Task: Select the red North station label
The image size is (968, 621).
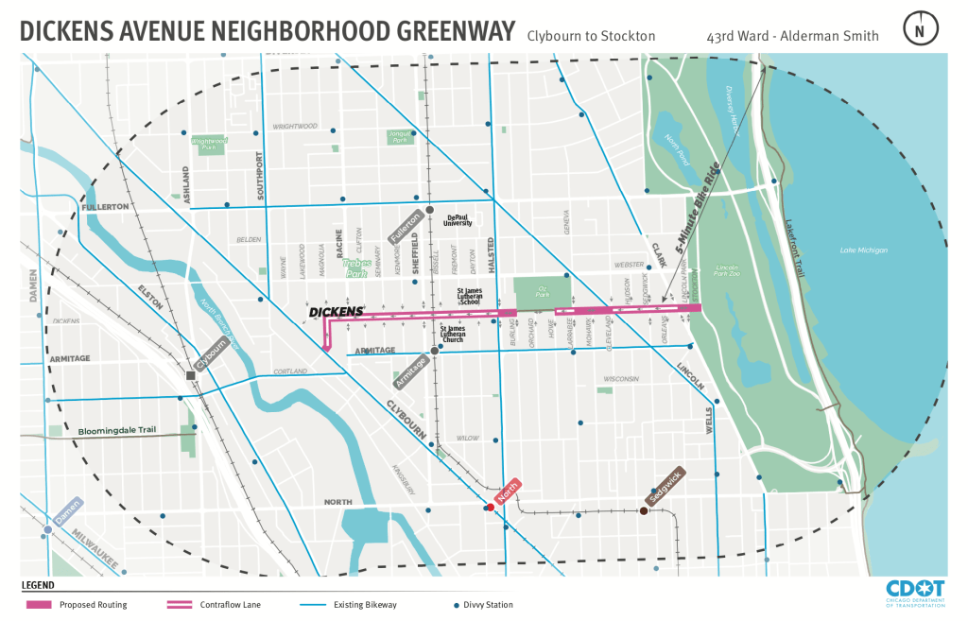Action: [x=509, y=491]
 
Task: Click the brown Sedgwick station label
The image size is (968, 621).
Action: [x=665, y=487]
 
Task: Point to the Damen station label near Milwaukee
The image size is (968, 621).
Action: [x=69, y=511]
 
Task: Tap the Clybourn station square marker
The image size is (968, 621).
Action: [x=191, y=375]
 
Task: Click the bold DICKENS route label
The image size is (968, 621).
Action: [x=337, y=311]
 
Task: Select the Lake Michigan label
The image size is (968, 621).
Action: [x=863, y=250]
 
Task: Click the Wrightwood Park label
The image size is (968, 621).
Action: [x=210, y=144]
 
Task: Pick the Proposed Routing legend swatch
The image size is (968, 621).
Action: [x=38, y=604]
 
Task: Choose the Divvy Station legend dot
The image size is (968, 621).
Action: [x=457, y=604]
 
